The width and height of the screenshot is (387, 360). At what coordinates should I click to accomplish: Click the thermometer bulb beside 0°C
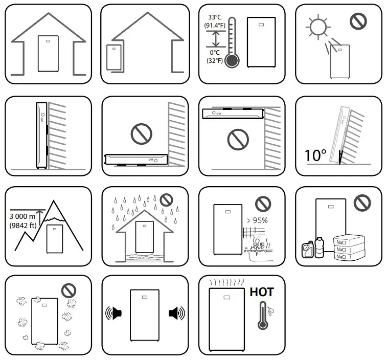click(233, 61)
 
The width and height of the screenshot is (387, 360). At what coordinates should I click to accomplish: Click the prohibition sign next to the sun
click(358, 21)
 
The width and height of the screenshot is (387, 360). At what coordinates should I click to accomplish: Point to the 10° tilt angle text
click(315, 155)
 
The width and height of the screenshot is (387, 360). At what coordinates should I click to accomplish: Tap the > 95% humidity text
click(258, 220)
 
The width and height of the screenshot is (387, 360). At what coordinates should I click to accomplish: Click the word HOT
click(261, 292)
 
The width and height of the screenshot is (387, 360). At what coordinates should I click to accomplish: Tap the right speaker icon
click(175, 313)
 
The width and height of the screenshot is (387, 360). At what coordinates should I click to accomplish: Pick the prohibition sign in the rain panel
click(166, 199)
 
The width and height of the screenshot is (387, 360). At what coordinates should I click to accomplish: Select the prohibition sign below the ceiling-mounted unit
click(238, 139)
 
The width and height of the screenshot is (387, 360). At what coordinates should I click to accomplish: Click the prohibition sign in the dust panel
click(69, 290)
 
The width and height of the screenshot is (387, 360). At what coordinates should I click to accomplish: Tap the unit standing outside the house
click(112, 58)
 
